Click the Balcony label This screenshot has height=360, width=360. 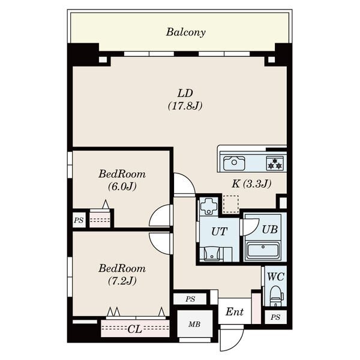coord(186,32)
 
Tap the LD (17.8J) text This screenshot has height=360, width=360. coord(185,100)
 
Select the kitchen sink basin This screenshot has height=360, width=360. coord(234,163)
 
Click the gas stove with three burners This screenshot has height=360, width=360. coord(275,163)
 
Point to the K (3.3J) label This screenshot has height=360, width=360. coord(251,184)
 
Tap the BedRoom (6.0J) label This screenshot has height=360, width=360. coord(122,180)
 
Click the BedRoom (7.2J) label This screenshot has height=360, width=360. coord(122,275)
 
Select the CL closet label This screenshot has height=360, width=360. coord(135,329)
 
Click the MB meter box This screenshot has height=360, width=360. coord(194,324)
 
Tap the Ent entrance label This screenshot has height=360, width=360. coord(235,312)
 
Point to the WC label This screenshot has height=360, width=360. coord(276,277)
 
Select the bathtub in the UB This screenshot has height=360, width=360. coord(263,250)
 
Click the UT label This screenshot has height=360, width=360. coord(219,232)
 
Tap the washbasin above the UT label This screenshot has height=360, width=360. coord(209,206)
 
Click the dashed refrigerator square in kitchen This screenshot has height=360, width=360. coord(231,203)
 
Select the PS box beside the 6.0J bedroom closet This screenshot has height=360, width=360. coord(79,220)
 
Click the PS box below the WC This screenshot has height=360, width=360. coord(275,317)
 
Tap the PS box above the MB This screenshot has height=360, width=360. coord(190,299)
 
